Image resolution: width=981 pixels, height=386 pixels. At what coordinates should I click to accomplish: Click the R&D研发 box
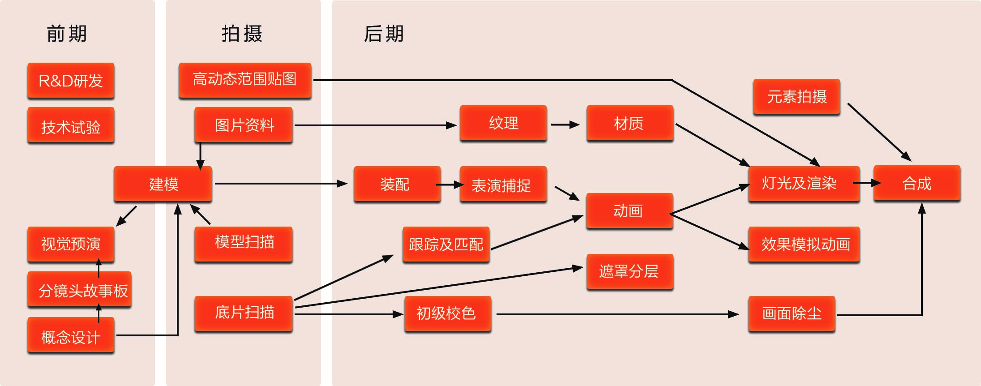pos(71,81)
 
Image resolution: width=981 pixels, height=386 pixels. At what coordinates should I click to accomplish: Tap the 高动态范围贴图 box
pos(245,80)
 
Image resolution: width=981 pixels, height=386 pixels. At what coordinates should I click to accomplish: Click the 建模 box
pos(163,184)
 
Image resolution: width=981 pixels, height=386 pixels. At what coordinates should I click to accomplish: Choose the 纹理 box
pos(503,123)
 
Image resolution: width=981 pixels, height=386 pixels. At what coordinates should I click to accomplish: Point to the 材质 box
pos(630,123)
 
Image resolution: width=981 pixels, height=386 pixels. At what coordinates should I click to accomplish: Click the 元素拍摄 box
pos(797,97)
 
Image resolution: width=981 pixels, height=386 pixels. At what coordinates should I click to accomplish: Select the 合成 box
pos(917,183)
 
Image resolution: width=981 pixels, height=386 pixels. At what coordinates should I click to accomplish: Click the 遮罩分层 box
pos(630,271)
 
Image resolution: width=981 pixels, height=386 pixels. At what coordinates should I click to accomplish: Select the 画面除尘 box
pos(791,313)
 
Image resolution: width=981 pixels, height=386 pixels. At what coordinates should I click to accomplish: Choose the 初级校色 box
pos(447,313)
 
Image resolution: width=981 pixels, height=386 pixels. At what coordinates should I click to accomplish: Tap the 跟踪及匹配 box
pos(446,244)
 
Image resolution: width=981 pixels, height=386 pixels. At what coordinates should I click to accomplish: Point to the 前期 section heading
pos(67,34)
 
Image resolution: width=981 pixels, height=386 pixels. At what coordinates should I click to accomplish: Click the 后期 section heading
pos(384,34)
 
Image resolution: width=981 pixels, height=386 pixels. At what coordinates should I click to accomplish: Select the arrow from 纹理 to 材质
pos(565,124)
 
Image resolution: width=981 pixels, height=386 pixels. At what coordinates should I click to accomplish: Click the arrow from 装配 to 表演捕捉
pos(450,184)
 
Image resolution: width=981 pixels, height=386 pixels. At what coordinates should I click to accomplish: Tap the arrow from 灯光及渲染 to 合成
pos(866,183)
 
